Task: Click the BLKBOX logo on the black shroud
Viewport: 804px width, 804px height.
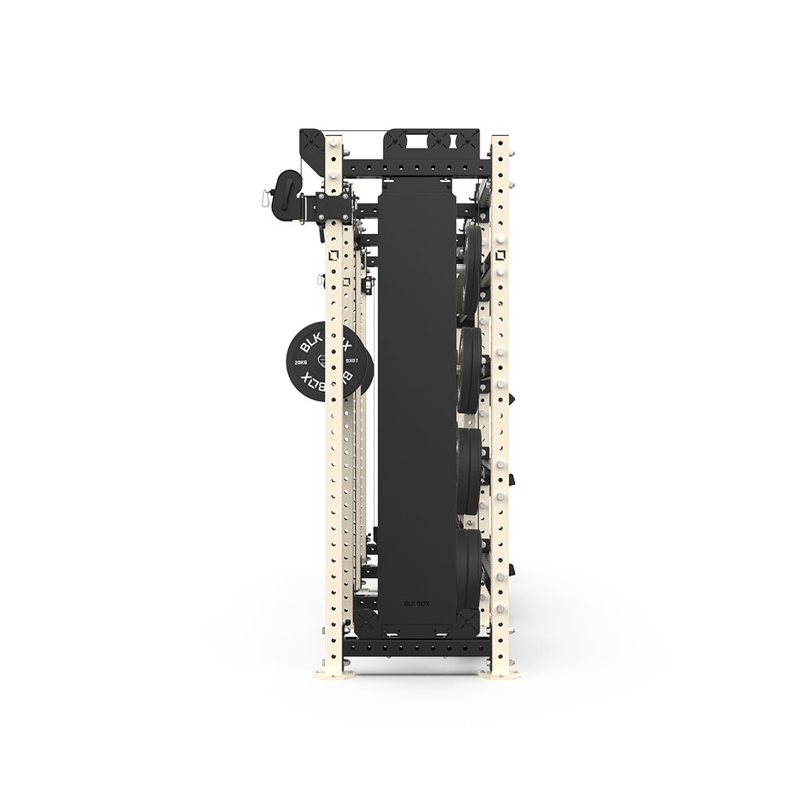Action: click(416, 604)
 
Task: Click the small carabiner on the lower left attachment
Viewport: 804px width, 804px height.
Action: click(320, 280)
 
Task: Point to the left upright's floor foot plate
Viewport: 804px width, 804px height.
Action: click(334, 673)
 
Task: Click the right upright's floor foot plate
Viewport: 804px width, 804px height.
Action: click(500, 673)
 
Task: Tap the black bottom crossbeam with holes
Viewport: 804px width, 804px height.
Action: click(416, 648)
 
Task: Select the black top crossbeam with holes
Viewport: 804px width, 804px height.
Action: click(416, 168)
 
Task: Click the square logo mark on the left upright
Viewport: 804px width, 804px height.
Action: click(334, 254)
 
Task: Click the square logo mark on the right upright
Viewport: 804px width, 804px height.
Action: click(500, 254)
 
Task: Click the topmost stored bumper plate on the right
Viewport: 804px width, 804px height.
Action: click(471, 267)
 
